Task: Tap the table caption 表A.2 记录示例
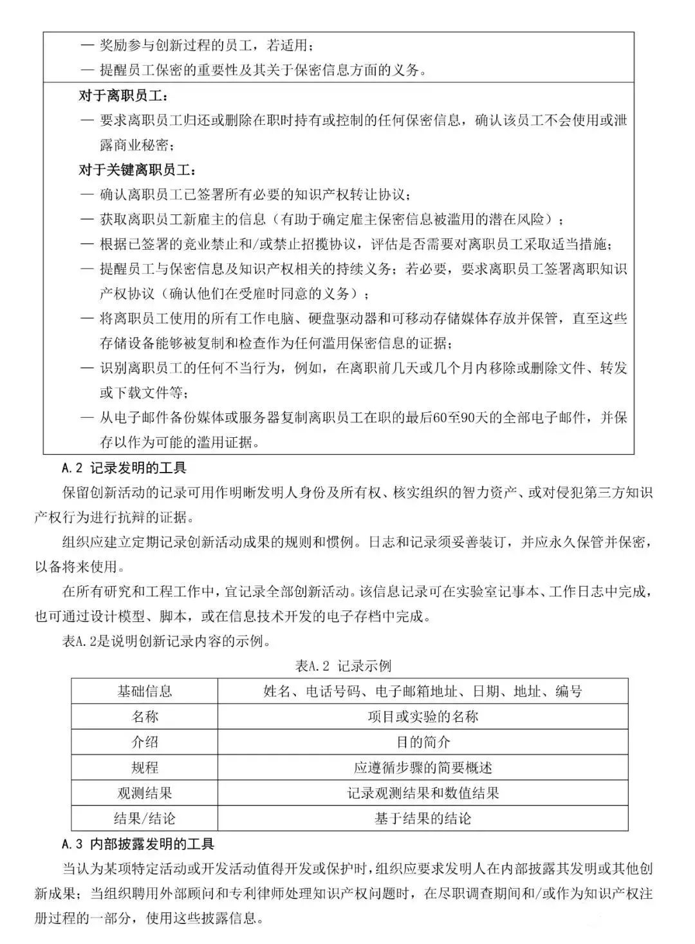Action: [342, 666]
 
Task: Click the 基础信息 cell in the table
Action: [145, 692]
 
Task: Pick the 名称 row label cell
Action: [145, 717]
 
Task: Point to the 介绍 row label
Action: [145, 742]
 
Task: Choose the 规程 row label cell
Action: [145, 768]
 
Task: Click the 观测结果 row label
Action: [145, 793]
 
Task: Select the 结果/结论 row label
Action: [145, 818]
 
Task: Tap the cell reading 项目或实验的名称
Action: [423, 717]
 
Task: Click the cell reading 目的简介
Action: [423, 742]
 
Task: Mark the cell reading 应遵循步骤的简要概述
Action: [423, 768]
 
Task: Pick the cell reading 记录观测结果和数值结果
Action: [423, 793]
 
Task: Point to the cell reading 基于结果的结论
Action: [423, 818]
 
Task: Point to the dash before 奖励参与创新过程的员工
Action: [87, 46]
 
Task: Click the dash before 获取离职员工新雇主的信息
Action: [87, 220]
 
